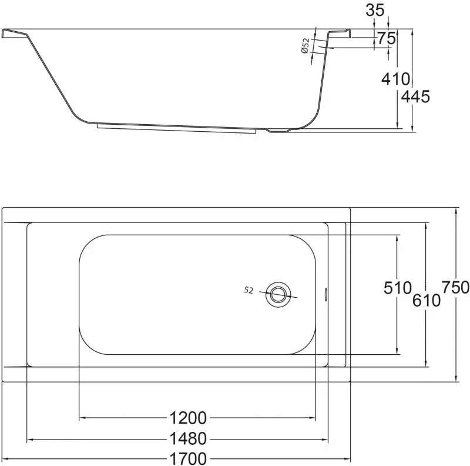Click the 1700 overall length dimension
click(x=188, y=458)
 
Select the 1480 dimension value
click(x=188, y=439)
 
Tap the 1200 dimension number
click(x=188, y=418)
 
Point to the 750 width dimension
click(x=456, y=287)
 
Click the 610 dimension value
click(x=427, y=300)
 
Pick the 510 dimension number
click(x=398, y=288)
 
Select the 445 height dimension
click(x=415, y=96)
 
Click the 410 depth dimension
click(x=395, y=79)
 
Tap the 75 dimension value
click(x=387, y=38)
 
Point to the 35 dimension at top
click(x=375, y=10)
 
